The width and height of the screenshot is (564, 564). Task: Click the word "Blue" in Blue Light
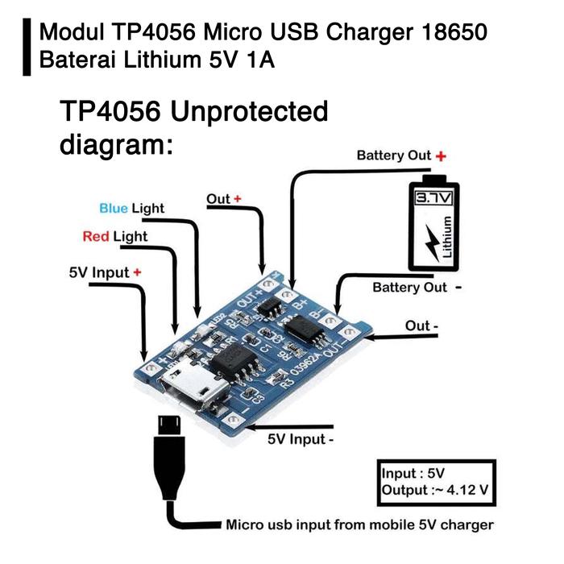point(114,209)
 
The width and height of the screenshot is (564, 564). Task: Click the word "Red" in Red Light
point(96,237)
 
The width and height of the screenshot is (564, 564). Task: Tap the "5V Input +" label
point(105,272)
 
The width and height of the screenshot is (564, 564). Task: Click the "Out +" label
point(224,199)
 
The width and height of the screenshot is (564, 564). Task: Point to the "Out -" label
point(422,326)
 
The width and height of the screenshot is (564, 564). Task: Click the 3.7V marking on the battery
point(433,197)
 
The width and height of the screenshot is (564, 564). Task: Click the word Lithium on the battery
point(449,239)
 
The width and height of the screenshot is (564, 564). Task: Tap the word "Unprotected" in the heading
point(251,112)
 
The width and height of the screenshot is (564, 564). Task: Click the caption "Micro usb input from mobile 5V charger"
point(359,525)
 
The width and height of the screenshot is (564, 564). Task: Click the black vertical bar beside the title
point(27,47)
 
